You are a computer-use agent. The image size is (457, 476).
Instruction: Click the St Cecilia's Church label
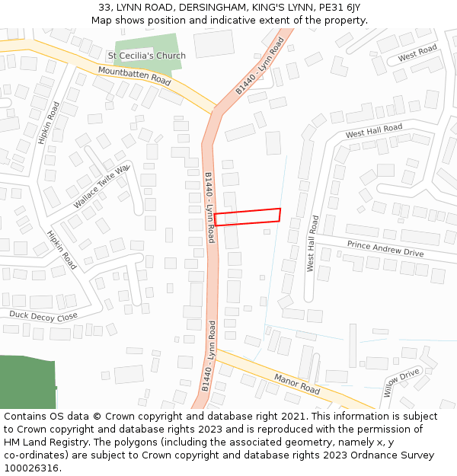pos(146,56)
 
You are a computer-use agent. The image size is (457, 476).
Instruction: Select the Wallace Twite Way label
pos(103,187)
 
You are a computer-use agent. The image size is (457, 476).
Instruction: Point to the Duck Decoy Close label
pos(43,315)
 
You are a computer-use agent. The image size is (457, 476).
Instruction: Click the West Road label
pos(417,54)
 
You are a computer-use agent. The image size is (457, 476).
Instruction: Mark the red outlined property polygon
pos(248,217)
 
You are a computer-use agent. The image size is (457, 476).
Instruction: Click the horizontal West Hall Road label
pos(373,132)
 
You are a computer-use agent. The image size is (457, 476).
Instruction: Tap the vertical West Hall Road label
pos(312,243)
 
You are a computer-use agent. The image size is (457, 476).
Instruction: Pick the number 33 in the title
pos(105,8)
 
